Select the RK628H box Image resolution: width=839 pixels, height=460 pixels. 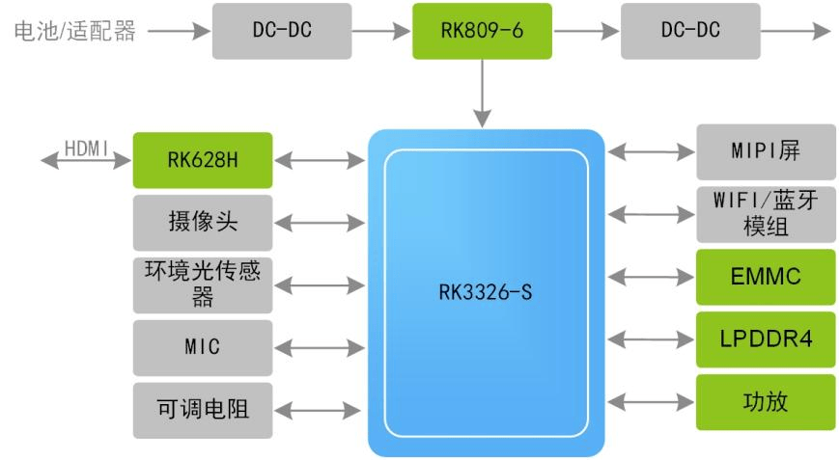[202, 160]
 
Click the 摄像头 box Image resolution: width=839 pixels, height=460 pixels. [202, 223]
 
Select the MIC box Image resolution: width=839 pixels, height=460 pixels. [202, 347]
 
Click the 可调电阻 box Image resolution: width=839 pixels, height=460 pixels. [202, 409]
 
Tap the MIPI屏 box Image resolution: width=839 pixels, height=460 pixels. [766, 151]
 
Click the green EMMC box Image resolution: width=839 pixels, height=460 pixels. [766, 277]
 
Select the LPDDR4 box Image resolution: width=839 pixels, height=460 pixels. [766, 339]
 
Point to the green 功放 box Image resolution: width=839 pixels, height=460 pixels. [766, 402]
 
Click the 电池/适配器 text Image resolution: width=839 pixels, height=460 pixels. [72, 31]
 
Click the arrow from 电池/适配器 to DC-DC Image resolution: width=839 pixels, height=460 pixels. [179, 31]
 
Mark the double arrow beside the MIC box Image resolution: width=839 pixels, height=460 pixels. [320, 348]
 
